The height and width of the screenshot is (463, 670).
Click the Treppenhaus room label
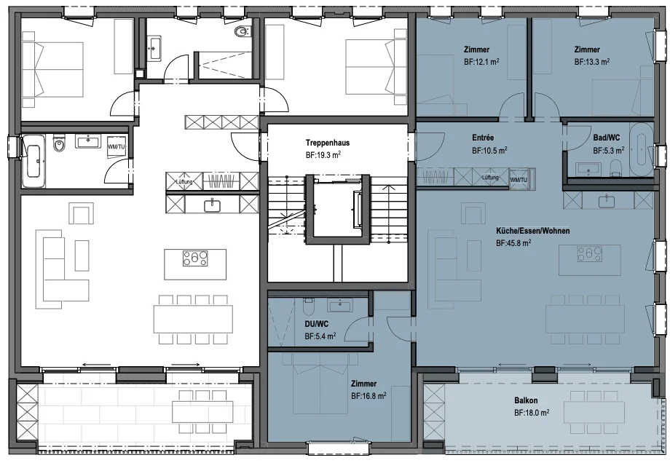point(328,143)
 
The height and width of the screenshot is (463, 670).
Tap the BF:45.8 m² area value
point(513,243)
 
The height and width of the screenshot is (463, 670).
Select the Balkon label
point(526,400)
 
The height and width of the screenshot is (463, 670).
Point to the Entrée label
point(483,138)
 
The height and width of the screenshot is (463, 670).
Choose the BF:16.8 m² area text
point(368,396)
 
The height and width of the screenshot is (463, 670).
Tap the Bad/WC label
point(607,138)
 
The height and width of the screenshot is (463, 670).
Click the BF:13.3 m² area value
point(592,62)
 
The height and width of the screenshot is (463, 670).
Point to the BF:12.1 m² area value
point(481,62)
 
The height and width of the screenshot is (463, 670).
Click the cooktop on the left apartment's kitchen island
point(195,258)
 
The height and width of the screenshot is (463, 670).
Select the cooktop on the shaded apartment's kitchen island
point(590,254)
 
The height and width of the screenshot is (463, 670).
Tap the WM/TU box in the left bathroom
point(117,146)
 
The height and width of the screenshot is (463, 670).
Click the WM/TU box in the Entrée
point(519,179)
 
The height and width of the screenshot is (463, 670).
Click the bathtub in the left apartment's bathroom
point(33,161)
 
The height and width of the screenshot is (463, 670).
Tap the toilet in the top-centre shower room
point(243,31)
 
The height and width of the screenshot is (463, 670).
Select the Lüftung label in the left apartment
point(184,182)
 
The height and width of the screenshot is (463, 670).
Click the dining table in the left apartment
point(193,319)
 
